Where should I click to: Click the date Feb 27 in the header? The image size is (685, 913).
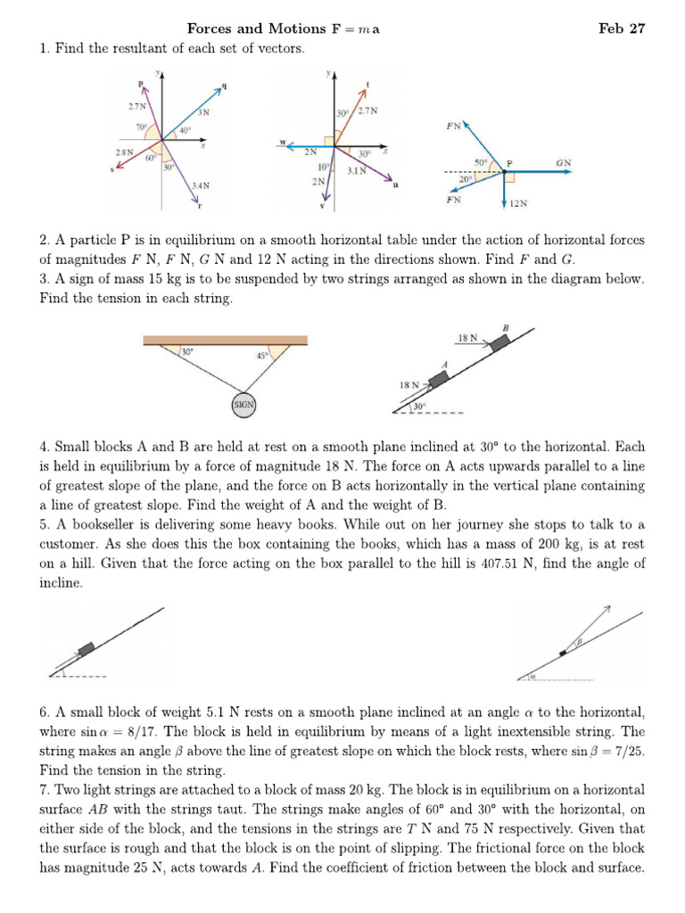(x=622, y=28)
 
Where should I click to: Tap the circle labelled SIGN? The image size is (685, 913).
(x=243, y=404)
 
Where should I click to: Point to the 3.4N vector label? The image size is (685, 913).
(x=201, y=185)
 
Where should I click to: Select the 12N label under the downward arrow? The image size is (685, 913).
(x=518, y=203)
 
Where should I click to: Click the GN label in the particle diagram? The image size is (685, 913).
(x=563, y=162)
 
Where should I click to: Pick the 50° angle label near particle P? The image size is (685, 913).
(x=482, y=162)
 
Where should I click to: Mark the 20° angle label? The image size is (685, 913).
(x=465, y=178)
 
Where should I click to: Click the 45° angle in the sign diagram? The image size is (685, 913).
(x=261, y=356)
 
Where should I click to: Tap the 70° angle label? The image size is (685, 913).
(x=141, y=127)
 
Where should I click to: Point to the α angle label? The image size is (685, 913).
(x=532, y=676)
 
